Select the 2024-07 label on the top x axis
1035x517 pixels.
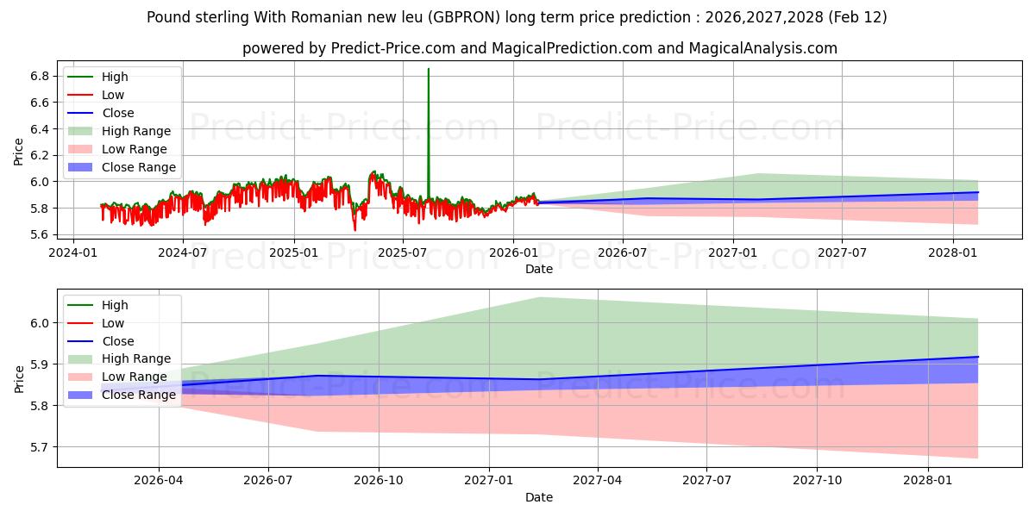[x=182, y=252]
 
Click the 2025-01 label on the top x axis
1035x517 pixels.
[x=294, y=252]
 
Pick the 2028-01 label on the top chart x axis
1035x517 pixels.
[x=953, y=252]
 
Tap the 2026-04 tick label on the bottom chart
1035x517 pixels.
[x=159, y=481]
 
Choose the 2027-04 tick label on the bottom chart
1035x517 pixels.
[x=598, y=481]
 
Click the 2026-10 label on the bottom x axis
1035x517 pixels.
[x=379, y=481]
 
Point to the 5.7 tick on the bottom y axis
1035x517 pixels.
[x=40, y=447]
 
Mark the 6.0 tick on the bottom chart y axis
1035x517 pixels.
[x=40, y=323]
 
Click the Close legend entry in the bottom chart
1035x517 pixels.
[x=117, y=341]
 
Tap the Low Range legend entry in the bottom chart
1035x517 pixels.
[x=134, y=377]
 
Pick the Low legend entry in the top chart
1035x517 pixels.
[x=112, y=95]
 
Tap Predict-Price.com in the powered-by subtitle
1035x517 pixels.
[x=396, y=48]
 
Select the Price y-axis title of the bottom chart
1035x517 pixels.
[x=19, y=378]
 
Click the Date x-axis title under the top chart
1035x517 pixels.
[x=539, y=269]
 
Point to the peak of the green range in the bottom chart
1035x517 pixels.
[x=539, y=298]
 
